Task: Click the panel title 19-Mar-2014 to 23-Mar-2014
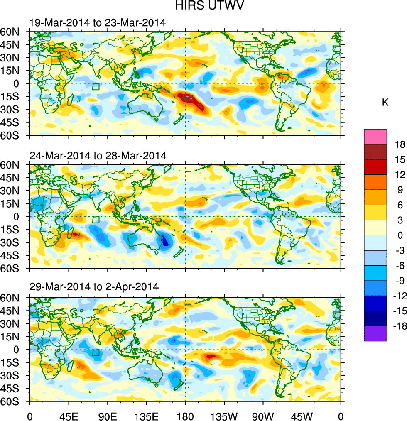98,23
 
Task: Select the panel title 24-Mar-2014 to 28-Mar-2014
98,156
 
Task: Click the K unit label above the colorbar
385,102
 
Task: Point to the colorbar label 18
400,144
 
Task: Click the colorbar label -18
399,326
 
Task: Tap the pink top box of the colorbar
375,137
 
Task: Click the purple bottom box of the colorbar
375,334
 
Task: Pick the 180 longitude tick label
185,416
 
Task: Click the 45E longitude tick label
69,416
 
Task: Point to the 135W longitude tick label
224,416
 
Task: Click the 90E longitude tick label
108,416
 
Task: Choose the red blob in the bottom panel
210,356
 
